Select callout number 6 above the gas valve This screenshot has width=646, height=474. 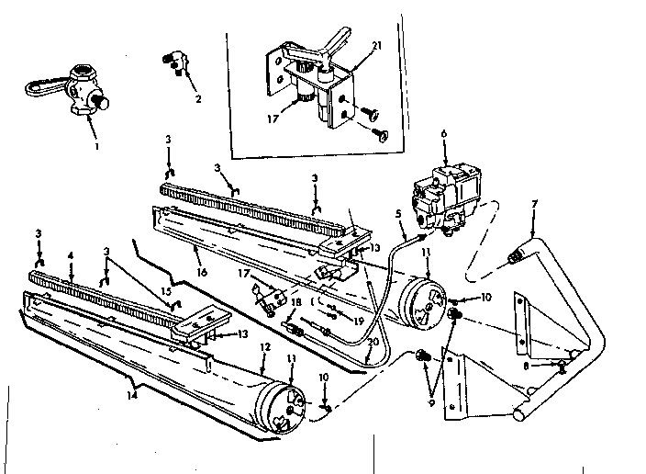pos(445,134)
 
